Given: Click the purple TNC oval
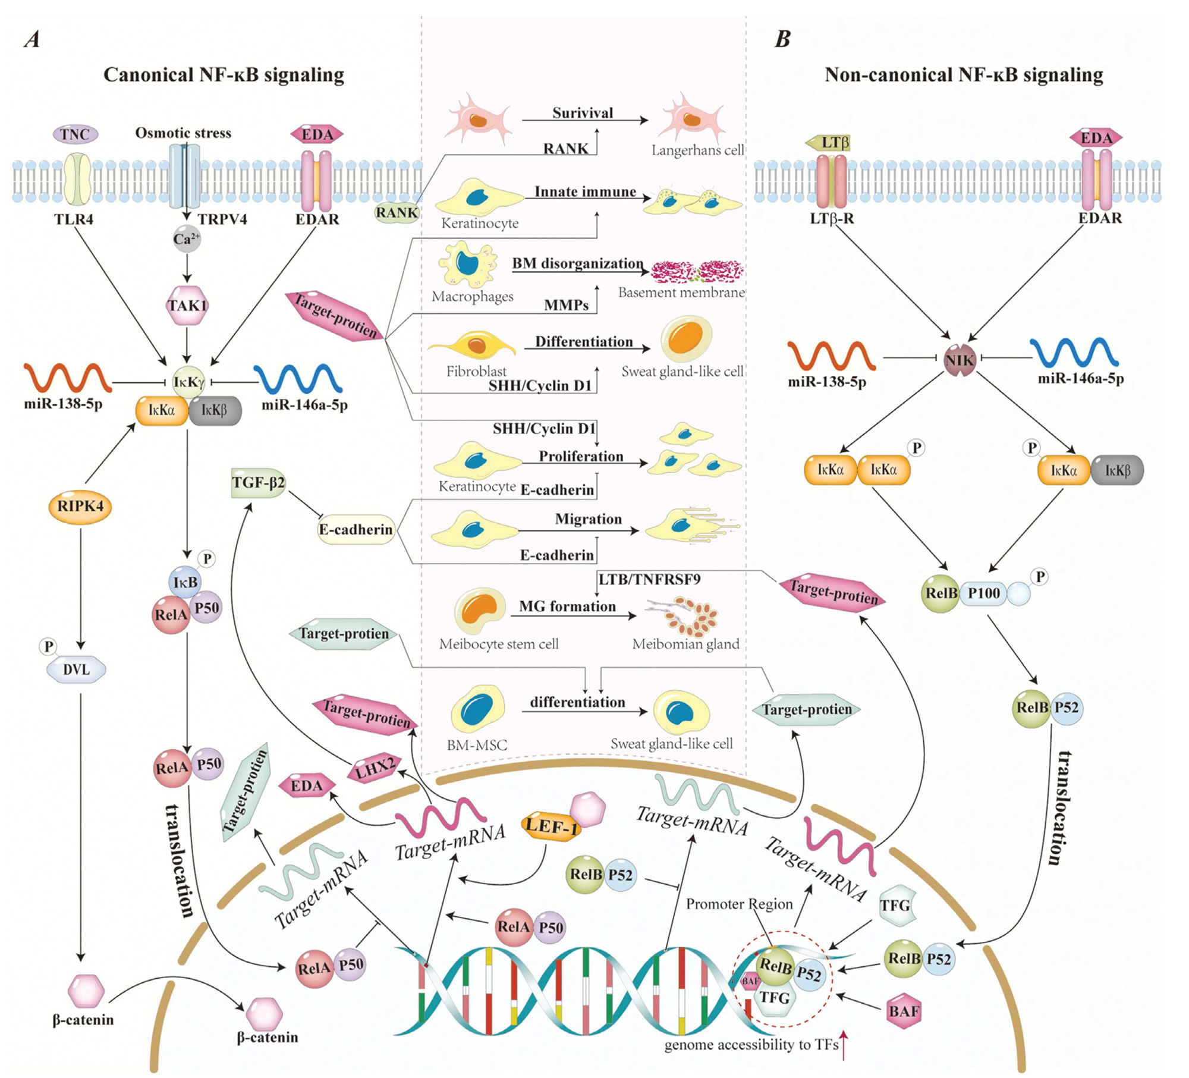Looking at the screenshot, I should (76, 134).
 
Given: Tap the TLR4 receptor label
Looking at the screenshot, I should (74, 219).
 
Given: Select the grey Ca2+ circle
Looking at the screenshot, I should (187, 239).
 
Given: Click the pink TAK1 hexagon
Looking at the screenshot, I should (187, 306).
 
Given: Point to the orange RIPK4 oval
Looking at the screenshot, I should (80, 507).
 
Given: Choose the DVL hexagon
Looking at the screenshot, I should (76, 670).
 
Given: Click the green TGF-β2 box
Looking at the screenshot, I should (258, 482).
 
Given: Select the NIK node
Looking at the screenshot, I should (960, 360).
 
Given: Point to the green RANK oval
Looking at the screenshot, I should (397, 212).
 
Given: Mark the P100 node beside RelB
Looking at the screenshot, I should (984, 593).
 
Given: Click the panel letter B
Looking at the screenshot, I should (782, 39).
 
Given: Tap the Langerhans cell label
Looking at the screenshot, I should (697, 150).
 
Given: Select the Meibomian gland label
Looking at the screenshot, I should (685, 644).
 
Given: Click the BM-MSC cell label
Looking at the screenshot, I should (477, 744).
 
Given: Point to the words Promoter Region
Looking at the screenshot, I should (739, 904).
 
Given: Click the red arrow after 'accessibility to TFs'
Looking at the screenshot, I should (844, 1046).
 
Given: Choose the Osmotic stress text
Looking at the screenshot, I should (183, 133).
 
